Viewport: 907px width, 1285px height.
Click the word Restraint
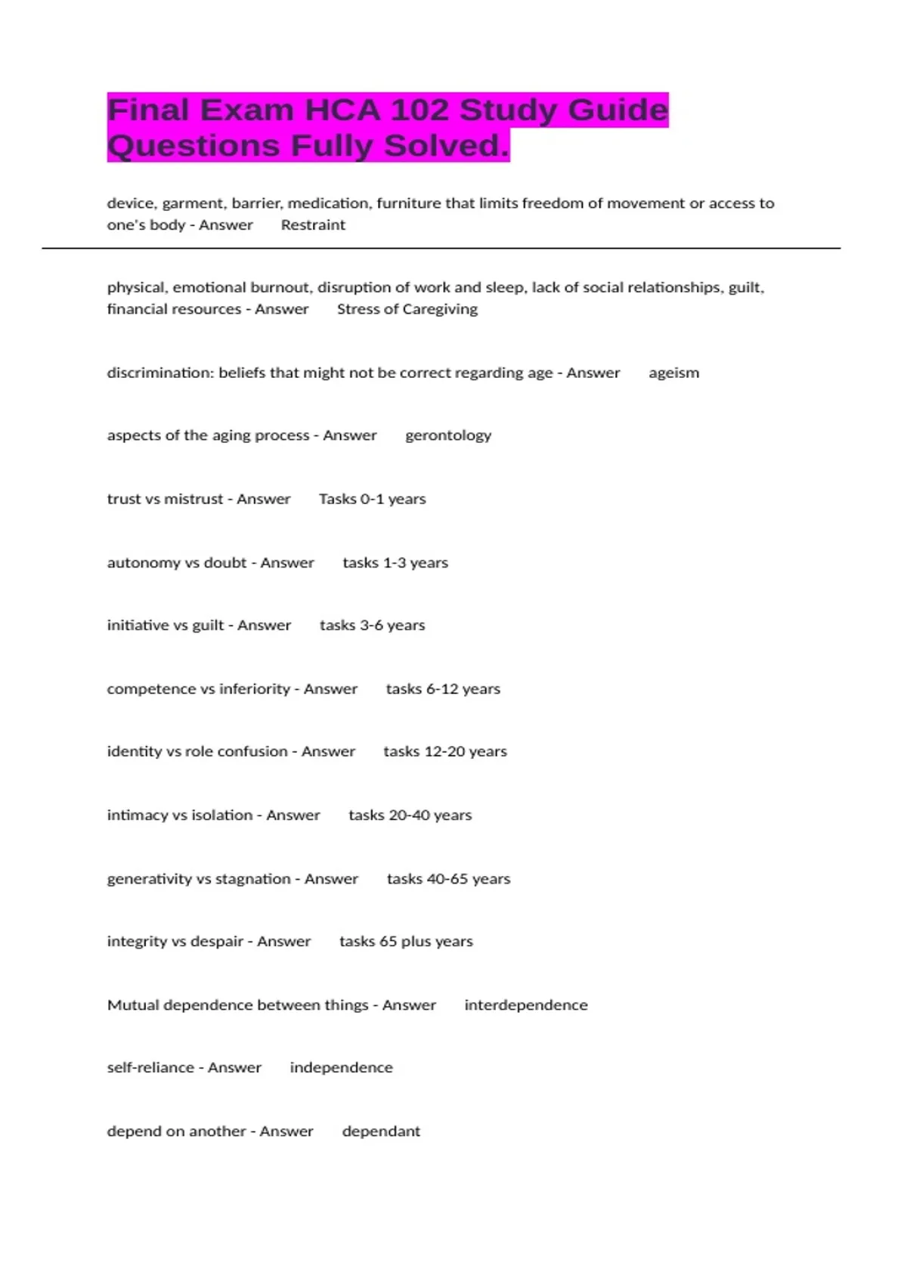[313, 225]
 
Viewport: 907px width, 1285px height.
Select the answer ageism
[673, 373]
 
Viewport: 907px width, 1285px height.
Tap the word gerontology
[448, 435]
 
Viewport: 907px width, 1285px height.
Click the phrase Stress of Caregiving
[407, 309]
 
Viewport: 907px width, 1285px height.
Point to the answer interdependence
[526, 1005]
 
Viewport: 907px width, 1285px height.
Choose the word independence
[341, 1068]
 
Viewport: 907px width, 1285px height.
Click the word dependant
[381, 1132]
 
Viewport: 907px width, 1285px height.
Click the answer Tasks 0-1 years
[372, 499]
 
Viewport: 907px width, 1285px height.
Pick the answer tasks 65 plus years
[406, 942]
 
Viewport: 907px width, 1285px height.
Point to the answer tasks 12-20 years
[444, 752]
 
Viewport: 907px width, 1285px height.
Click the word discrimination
[160, 373]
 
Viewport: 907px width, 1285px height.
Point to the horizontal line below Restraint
[441, 248]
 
